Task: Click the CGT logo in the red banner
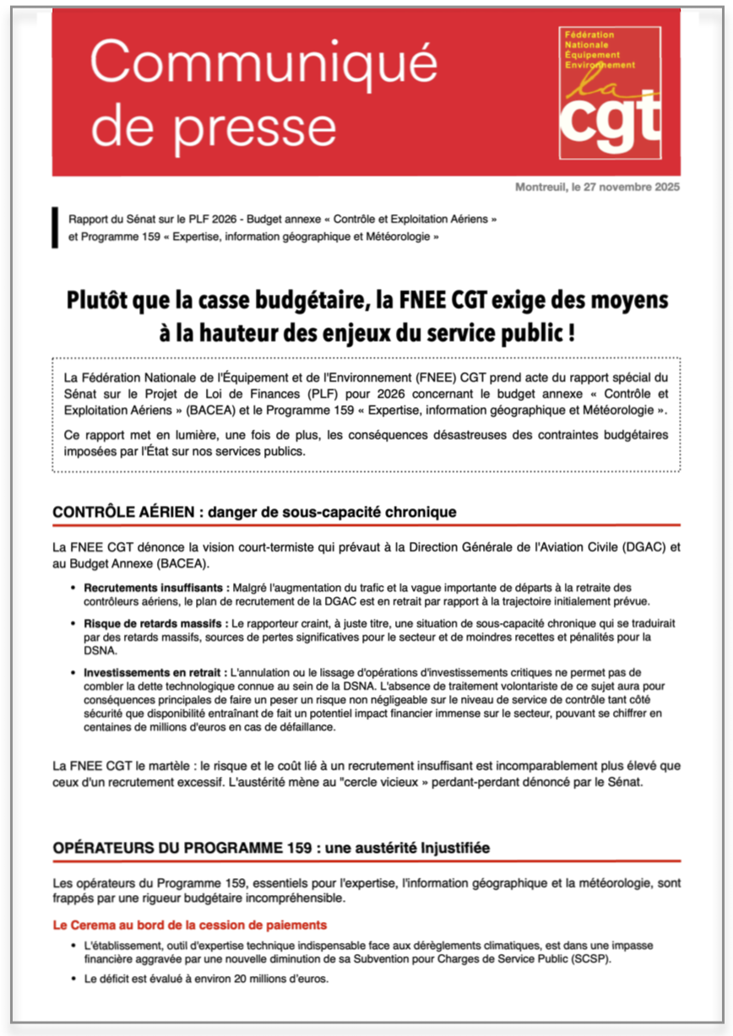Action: point(609,93)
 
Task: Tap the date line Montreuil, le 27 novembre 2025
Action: point(597,187)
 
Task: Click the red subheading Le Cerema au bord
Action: point(189,925)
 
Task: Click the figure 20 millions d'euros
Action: point(271,979)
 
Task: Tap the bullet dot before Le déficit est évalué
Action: point(74,979)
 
